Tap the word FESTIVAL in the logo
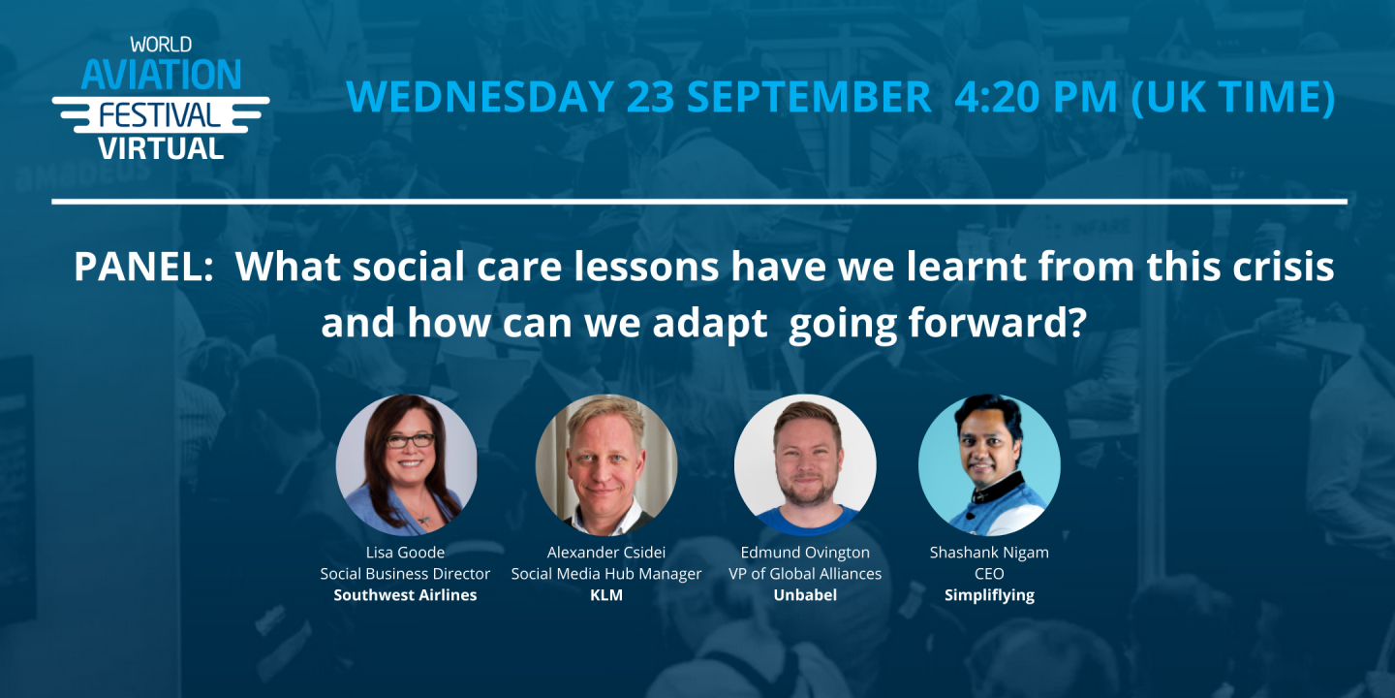click(x=160, y=115)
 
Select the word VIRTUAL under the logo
click(x=161, y=148)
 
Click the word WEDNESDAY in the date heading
click(x=480, y=96)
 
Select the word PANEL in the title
click(x=143, y=266)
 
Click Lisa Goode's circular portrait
click(x=407, y=465)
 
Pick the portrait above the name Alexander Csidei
click(x=606, y=465)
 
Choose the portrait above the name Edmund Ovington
click(x=805, y=465)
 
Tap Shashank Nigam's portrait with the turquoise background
click(x=989, y=465)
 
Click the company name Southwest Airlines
click(x=405, y=594)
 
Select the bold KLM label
click(x=606, y=594)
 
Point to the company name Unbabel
click(x=805, y=594)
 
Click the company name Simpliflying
click(x=989, y=595)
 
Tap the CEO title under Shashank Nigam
click(x=989, y=573)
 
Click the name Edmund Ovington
click(x=805, y=553)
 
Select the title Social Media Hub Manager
click(x=606, y=573)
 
